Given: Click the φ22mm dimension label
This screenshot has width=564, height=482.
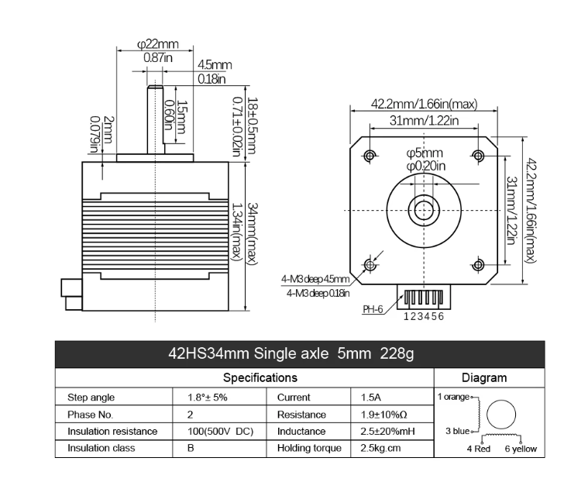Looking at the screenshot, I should click(157, 45).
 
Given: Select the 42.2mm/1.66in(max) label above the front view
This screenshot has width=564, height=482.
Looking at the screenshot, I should click(423, 104).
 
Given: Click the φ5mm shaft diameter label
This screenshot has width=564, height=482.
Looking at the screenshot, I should click(425, 153).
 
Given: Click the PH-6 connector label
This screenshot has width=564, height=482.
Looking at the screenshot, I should click(373, 309).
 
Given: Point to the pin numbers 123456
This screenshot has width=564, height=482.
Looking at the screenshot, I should click(424, 316).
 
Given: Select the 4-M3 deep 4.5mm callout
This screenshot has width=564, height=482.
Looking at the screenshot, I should click(315, 279).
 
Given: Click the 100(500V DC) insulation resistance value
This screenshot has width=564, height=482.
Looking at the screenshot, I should click(221, 431).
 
